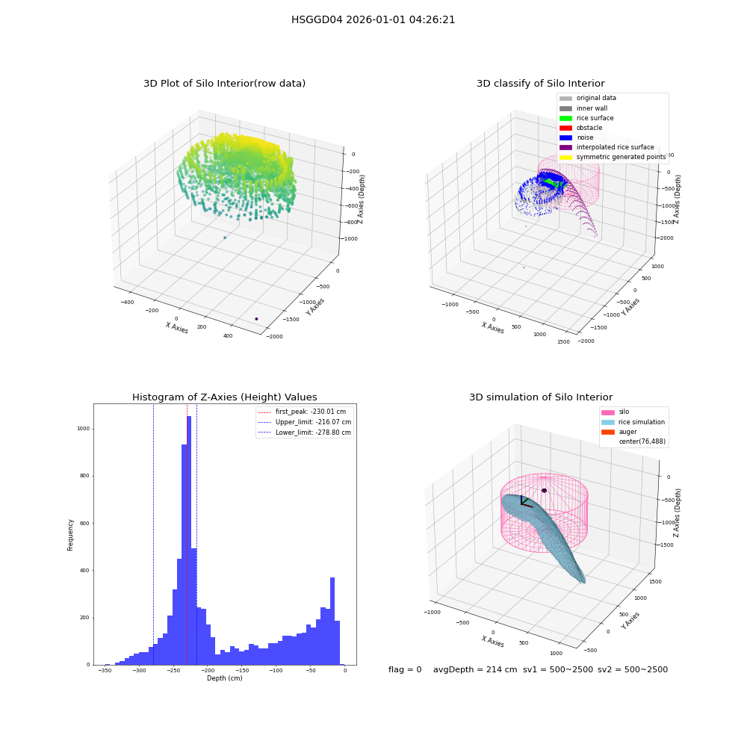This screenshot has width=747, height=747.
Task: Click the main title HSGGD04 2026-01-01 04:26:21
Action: pyautogui.click(x=373, y=20)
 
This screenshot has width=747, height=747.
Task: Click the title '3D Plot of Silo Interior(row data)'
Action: pyautogui.click(x=224, y=84)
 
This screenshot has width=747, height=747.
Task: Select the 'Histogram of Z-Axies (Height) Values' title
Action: pyautogui.click(x=224, y=397)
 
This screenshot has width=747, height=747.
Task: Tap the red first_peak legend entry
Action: pyautogui.click(x=302, y=412)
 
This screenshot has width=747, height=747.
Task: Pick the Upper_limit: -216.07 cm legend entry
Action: pyautogui.click(x=305, y=422)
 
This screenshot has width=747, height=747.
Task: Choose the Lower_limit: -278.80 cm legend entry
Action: pyautogui.click(x=305, y=433)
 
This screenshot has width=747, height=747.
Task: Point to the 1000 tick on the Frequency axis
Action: pyautogui.click(x=84, y=429)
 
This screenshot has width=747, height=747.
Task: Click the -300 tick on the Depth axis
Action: pyautogui.click(x=139, y=670)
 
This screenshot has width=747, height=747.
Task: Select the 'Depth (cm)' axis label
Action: pyautogui.click(x=224, y=678)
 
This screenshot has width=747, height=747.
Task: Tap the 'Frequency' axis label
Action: pyautogui.click(x=70, y=535)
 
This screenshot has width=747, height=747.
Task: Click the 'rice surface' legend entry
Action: pyautogui.click(x=586, y=118)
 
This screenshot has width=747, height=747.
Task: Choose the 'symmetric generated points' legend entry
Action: pyautogui.click(x=613, y=157)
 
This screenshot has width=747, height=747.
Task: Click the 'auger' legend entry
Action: pyautogui.click(x=619, y=432)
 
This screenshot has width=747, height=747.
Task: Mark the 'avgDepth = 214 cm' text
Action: pyautogui.click(x=475, y=669)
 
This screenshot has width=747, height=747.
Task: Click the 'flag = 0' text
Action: pyautogui.click(x=405, y=669)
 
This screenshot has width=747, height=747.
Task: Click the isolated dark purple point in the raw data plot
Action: pyautogui.click(x=256, y=319)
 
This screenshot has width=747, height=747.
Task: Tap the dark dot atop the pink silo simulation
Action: pyautogui.click(x=544, y=490)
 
